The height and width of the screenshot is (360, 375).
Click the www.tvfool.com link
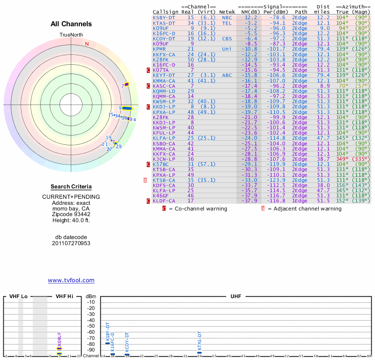click(71, 280)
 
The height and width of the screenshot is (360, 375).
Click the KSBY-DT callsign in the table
click(164, 17)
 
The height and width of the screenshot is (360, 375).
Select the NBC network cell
click(227, 17)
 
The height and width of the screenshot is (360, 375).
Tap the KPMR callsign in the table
click(159, 49)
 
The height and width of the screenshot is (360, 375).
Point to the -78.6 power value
click(276, 17)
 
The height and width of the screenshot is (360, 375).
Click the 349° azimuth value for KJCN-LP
click(343, 159)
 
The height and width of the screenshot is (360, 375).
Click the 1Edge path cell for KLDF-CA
click(300, 201)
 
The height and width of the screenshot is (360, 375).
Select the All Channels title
click(71, 24)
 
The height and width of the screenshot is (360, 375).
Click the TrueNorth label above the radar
click(71, 35)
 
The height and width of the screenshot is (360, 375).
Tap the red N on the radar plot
click(87, 44)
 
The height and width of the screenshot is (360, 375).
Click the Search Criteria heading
click(71, 187)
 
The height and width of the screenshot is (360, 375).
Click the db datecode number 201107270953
click(71, 243)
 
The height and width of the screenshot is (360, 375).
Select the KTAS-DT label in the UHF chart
click(200, 341)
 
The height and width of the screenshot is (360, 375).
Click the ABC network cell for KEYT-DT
click(227, 75)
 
